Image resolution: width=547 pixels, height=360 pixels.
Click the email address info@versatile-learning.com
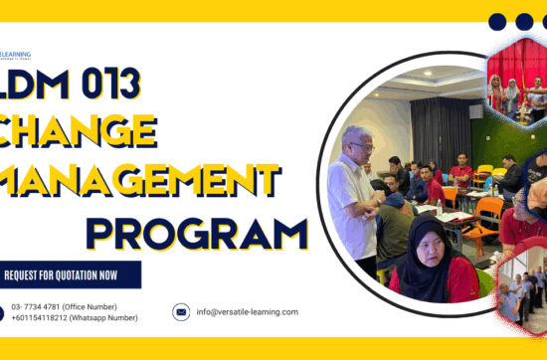pos(248,311)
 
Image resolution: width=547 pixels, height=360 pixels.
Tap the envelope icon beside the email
pos(181,311)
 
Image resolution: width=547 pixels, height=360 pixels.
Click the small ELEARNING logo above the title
pos(16,56)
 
